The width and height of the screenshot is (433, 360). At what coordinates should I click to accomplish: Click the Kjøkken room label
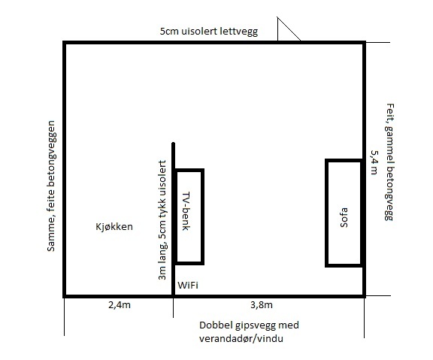pyautogui.click(x=114, y=227)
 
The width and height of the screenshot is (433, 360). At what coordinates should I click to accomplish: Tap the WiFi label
pyautogui.click(x=188, y=285)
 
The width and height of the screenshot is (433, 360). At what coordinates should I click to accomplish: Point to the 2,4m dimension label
pyautogui.click(x=120, y=305)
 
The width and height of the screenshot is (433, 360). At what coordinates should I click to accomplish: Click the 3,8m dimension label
pyautogui.click(x=262, y=305)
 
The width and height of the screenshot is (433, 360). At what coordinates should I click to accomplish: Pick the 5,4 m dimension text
pyautogui.click(x=374, y=162)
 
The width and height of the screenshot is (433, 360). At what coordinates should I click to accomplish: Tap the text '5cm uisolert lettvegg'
pyautogui.click(x=209, y=32)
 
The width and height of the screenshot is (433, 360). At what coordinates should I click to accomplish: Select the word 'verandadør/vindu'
pyautogui.click(x=241, y=338)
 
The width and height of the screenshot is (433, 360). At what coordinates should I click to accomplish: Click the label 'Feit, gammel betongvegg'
pyautogui.click(x=389, y=162)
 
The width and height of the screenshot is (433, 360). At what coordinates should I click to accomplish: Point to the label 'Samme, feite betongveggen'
pyautogui.click(x=51, y=186)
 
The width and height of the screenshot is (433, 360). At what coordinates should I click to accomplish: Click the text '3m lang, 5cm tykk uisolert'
pyautogui.click(x=162, y=220)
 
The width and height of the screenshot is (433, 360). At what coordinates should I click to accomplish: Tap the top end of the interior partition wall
pyautogui.click(x=173, y=143)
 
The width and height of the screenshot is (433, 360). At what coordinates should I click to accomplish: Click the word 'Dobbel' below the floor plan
pyautogui.click(x=215, y=325)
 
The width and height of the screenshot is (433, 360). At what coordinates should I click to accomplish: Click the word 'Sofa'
pyautogui.click(x=344, y=217)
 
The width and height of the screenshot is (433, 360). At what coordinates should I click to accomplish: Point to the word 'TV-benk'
pyautogui.click(x=186, y=211)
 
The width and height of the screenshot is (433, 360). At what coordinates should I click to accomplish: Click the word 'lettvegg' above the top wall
pyautogui.click(x=238, y=32)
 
